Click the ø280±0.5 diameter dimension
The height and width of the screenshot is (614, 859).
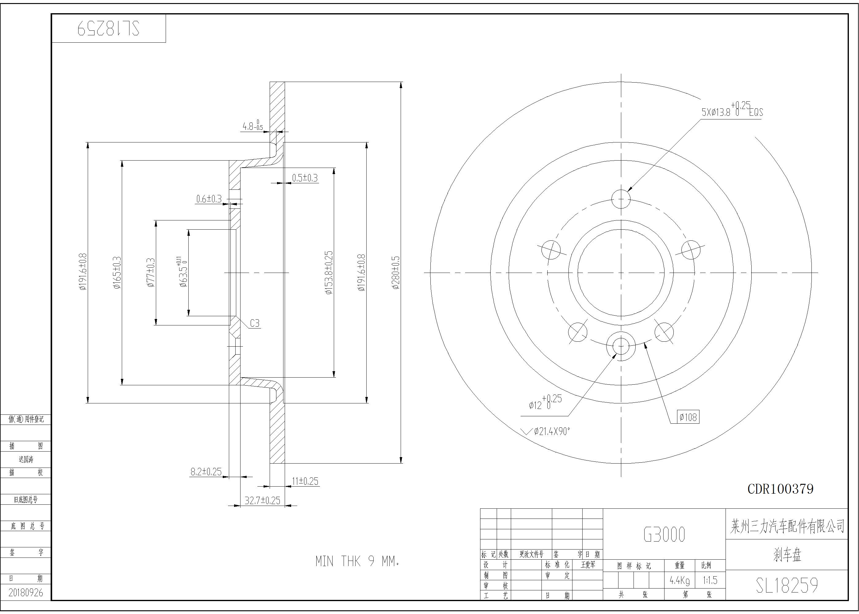tap(395, 273)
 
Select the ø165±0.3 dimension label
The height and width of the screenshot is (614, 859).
tap(117, 273)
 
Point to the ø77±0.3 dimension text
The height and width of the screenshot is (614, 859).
tap(151, 273)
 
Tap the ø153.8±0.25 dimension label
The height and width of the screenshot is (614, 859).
tap(329, 273)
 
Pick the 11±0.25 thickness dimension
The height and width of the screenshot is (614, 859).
tap(305, 481)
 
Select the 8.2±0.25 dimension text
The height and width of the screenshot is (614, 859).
tap(206, 472)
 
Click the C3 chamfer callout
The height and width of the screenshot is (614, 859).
tap(255, 323)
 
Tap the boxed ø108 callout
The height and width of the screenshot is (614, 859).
tap(688, 417)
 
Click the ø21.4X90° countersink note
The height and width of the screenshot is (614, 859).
tap(552, 431)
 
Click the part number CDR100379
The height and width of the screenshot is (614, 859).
tap(780, 489)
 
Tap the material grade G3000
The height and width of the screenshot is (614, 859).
tap(664, 534)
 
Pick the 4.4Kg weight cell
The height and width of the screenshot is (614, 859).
tap(680, 580)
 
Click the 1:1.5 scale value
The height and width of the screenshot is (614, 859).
tap(710, 580)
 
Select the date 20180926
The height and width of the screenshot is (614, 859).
tap(26, 593)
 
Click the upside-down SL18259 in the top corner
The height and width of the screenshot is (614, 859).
tap(108, 28)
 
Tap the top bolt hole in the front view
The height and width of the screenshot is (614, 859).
tap(621, 199)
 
